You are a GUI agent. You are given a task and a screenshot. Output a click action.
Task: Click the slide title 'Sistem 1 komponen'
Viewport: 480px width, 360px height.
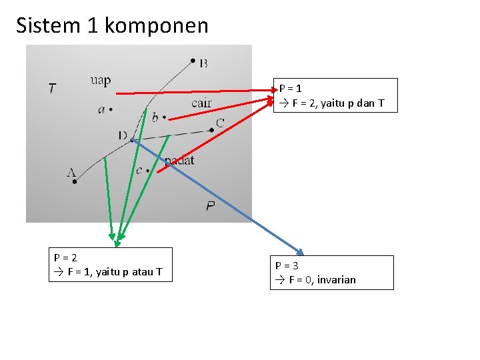click(112, 26)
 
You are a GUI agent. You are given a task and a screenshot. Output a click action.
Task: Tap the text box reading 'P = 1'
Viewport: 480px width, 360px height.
click(335, 95)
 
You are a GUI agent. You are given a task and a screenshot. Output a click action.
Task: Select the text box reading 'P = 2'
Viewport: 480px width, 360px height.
click(110, 265)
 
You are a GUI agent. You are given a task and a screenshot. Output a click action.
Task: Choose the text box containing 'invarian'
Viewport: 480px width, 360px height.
click(331, 273)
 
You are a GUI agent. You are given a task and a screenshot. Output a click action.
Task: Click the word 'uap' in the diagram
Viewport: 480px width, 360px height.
click(100, 81)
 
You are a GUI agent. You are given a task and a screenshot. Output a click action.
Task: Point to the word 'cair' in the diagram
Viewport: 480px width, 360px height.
click(201, 103)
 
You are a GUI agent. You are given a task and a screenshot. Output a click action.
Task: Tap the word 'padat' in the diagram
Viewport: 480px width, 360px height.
click(180, 160)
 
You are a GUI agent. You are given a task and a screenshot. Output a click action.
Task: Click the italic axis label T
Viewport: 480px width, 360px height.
click(52, 88)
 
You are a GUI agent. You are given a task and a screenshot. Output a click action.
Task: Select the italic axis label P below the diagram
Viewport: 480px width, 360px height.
click(210, 207)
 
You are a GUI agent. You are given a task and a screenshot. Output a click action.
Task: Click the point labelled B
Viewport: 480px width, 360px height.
click(193, 62)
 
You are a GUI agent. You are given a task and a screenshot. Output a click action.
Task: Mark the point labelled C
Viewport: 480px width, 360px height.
click(211, 129)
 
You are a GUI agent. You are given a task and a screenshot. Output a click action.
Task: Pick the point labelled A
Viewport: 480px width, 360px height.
click(75, 181)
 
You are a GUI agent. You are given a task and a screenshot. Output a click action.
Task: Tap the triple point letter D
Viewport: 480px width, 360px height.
click(123, 135)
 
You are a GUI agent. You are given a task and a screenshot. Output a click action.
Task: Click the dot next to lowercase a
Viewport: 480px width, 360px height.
click(111, 109)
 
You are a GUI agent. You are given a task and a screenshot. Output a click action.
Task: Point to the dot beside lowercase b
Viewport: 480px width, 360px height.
click(164, 119)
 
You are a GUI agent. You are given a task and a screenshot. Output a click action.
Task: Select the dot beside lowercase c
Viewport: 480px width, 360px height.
click(148, 171)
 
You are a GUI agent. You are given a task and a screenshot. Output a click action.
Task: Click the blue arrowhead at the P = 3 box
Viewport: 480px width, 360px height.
click(300, 252)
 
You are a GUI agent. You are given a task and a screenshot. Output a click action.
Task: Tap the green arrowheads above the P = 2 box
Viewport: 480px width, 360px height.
click(115, 238)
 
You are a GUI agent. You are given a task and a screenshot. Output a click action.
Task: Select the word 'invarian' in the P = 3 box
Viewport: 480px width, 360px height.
click(337, 280)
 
